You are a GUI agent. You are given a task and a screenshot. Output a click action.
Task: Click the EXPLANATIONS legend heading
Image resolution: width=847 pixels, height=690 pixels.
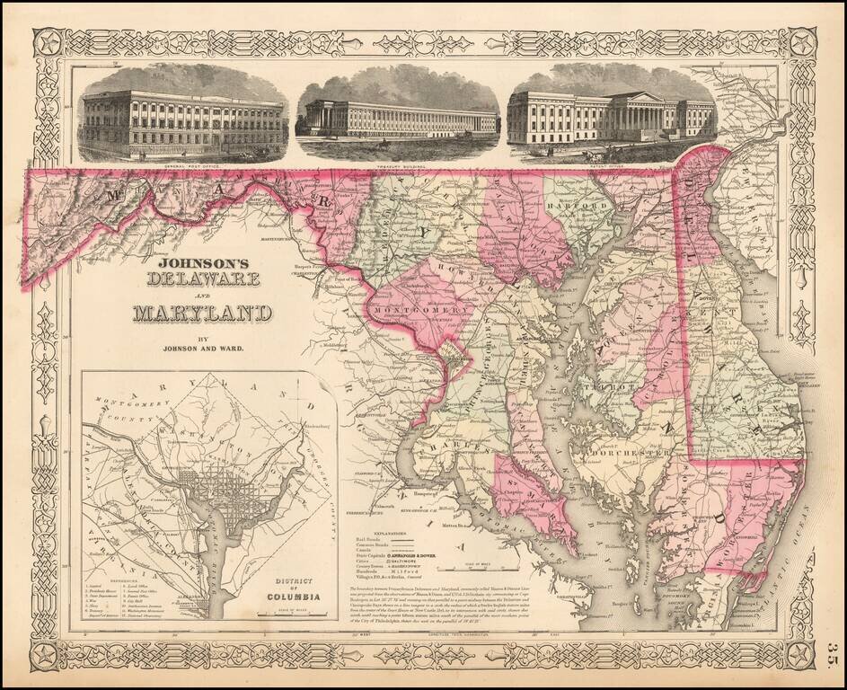pyautogui.click(x=372, y=520)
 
